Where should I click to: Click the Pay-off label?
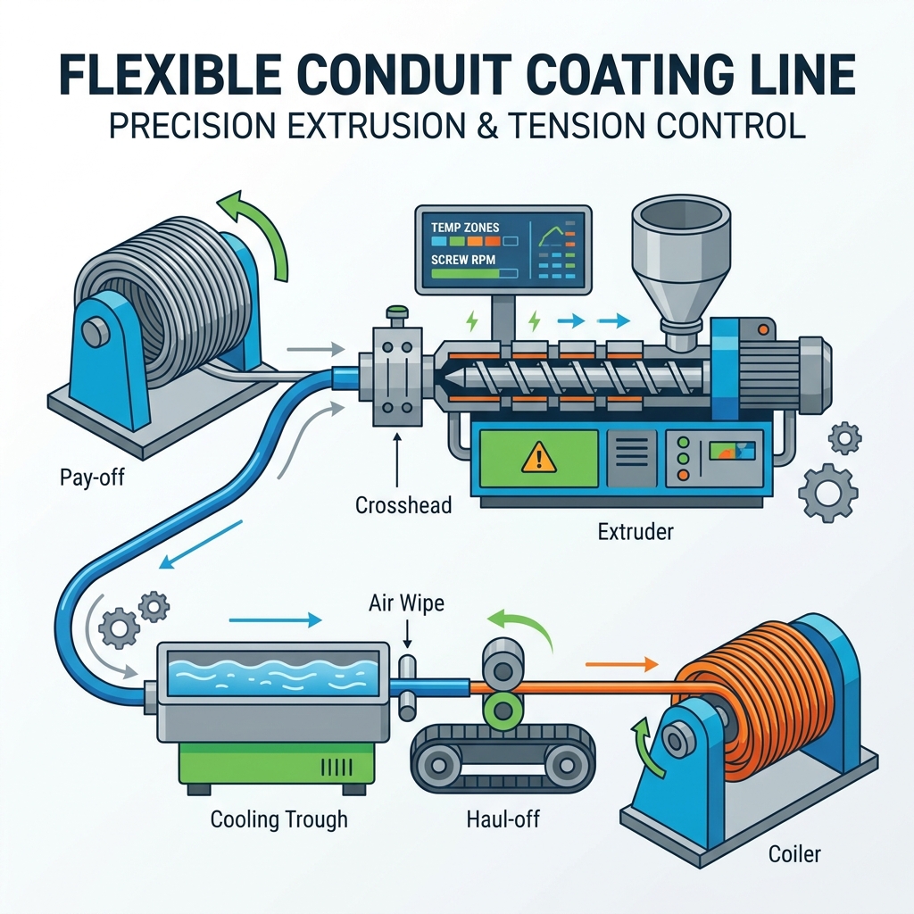coord(92,478)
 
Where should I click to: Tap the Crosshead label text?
coord(403,505)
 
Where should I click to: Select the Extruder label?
coord(636,532)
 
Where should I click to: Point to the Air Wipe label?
coord(406,602)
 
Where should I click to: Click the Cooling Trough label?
coord(278,819)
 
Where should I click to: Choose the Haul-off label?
coord(503,819)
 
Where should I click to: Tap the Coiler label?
coord(794,854)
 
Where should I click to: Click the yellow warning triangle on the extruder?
coord(538,457)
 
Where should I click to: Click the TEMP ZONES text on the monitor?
coord(465,227)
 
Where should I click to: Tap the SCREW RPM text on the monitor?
coord(463,260)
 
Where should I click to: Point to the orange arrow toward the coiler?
coord(621,664)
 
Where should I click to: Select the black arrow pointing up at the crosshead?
coord(398,460)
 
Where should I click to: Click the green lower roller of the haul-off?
coord(502,710)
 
